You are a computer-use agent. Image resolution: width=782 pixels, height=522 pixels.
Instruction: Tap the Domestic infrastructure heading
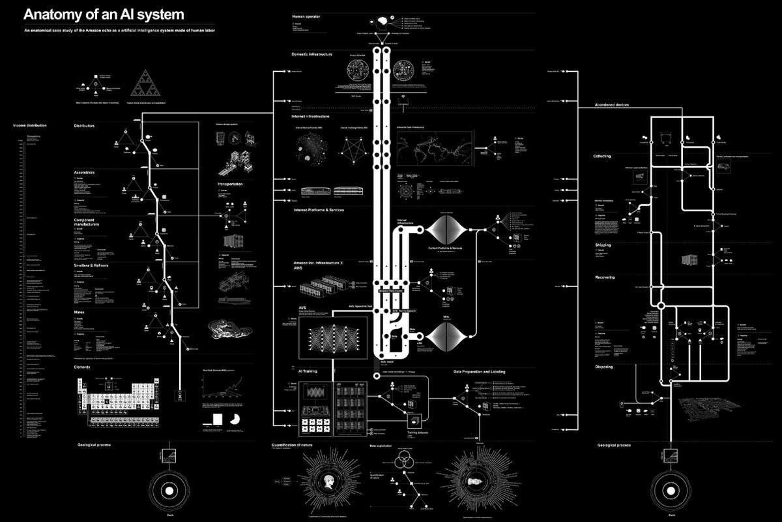[311, 54]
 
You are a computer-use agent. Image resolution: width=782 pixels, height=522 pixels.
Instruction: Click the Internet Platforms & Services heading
[319, 210]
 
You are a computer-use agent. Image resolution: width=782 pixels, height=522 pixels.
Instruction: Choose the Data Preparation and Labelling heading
[479, 372]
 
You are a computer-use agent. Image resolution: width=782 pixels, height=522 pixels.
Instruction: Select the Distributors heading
[85, 125]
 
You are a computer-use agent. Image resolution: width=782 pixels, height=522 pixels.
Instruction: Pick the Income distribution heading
[30, 125]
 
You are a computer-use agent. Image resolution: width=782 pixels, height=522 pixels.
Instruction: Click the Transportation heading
[229, 184]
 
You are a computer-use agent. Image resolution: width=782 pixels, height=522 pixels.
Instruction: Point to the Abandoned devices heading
[612, 105]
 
